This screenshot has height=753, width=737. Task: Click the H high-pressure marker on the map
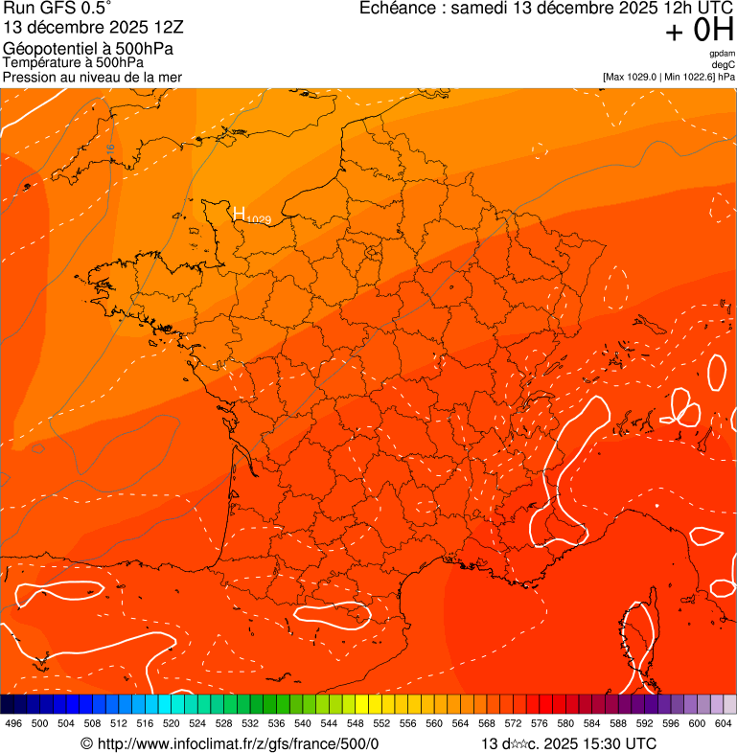point(240,214)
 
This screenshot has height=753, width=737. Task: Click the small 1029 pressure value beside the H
point(259,220)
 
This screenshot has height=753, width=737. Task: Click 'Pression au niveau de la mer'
point(92,77)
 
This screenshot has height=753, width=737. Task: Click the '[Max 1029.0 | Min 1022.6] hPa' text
point(669,77)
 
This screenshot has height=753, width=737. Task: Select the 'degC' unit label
point(724,64)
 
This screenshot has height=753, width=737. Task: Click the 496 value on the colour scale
point(13,723)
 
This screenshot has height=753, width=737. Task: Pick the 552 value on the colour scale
point(380,723)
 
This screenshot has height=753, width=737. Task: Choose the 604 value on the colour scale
point(724,723)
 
